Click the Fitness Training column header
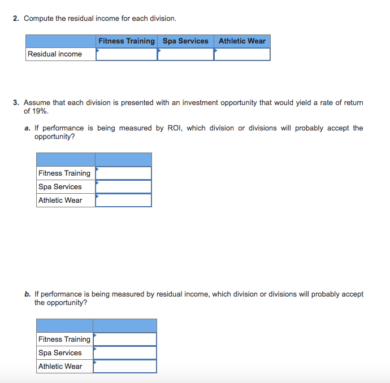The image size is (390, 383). [x=126, y=41]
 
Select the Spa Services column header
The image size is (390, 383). [x=185, y=41]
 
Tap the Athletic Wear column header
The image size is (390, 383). [x=242, y=41]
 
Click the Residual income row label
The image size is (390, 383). [x=55, y=54]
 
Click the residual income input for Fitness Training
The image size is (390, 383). [x=127, y=54]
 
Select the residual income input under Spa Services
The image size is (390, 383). [x=185, y=54]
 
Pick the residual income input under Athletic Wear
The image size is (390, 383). [x=242, y=54]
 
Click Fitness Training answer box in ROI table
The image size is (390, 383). [x=123, y=173]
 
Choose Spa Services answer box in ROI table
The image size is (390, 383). [x=123, y=187]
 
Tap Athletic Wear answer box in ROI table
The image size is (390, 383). [x=123, y=201]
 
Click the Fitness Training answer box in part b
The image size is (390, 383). [x=125, y=340]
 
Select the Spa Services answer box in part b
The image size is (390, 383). [x=125, y=353]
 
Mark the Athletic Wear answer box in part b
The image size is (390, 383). [x=125, y=367]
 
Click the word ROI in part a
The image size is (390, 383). [x=174, y=128]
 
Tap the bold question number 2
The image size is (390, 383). [x=16, y=19]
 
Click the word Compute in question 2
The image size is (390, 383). [x=38, y=19]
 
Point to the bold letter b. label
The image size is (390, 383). [x=28, y=294]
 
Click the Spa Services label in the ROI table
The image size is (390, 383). [x=60, y=187]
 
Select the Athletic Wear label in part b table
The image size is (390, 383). [x=60, y=367]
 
